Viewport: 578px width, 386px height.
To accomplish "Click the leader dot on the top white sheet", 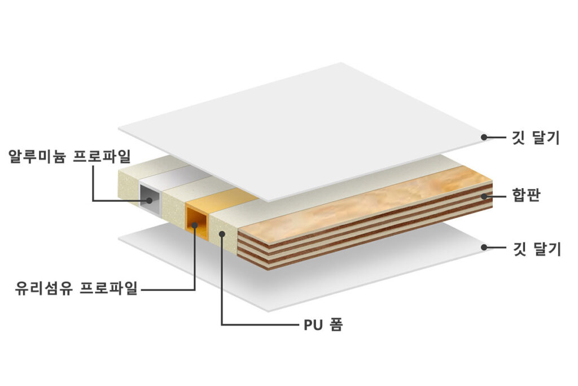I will pyautogui.click(x=484, y=137).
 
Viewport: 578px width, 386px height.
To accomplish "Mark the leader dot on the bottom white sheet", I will pyautogui.click(x=484, y=247).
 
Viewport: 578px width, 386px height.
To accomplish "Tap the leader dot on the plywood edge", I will pyautogui.click(x=484, y=196).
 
